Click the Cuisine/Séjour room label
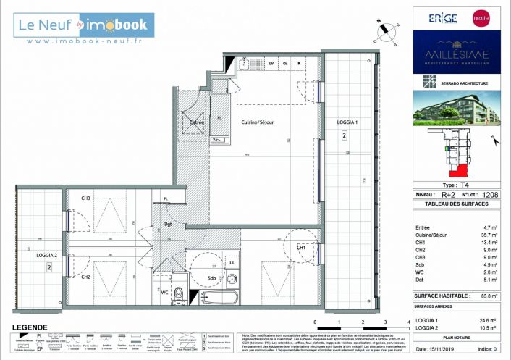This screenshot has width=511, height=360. (257, 122)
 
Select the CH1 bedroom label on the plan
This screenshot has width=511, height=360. (301, 248)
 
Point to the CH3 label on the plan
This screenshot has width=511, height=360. (86, 198)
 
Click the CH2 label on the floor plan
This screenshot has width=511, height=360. (86, 277)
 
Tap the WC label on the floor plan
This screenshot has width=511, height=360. (164, 292)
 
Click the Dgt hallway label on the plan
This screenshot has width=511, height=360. (167, 224)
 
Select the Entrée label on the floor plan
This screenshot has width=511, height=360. (197, 122)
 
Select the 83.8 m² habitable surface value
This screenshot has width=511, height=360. (484, 296)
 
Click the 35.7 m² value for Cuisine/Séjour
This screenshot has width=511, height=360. (486, 235)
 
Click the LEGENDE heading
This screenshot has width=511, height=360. (26, 327)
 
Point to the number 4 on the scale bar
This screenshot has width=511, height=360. (409, 322)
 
